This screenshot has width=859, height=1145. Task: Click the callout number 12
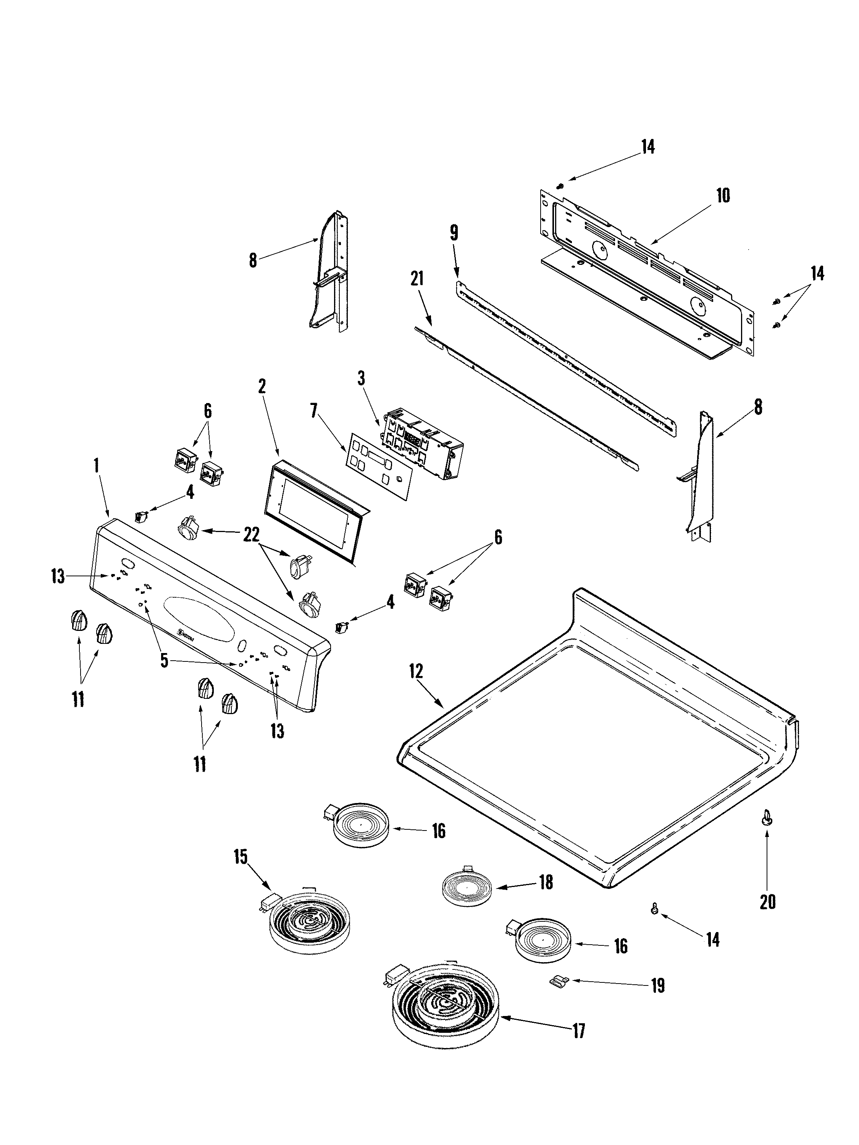coord(416,671)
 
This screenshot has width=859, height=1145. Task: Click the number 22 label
coord(251,535)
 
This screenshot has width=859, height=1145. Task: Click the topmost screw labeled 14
coord(560,185)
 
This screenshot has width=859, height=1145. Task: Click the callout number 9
coord(454,232)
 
